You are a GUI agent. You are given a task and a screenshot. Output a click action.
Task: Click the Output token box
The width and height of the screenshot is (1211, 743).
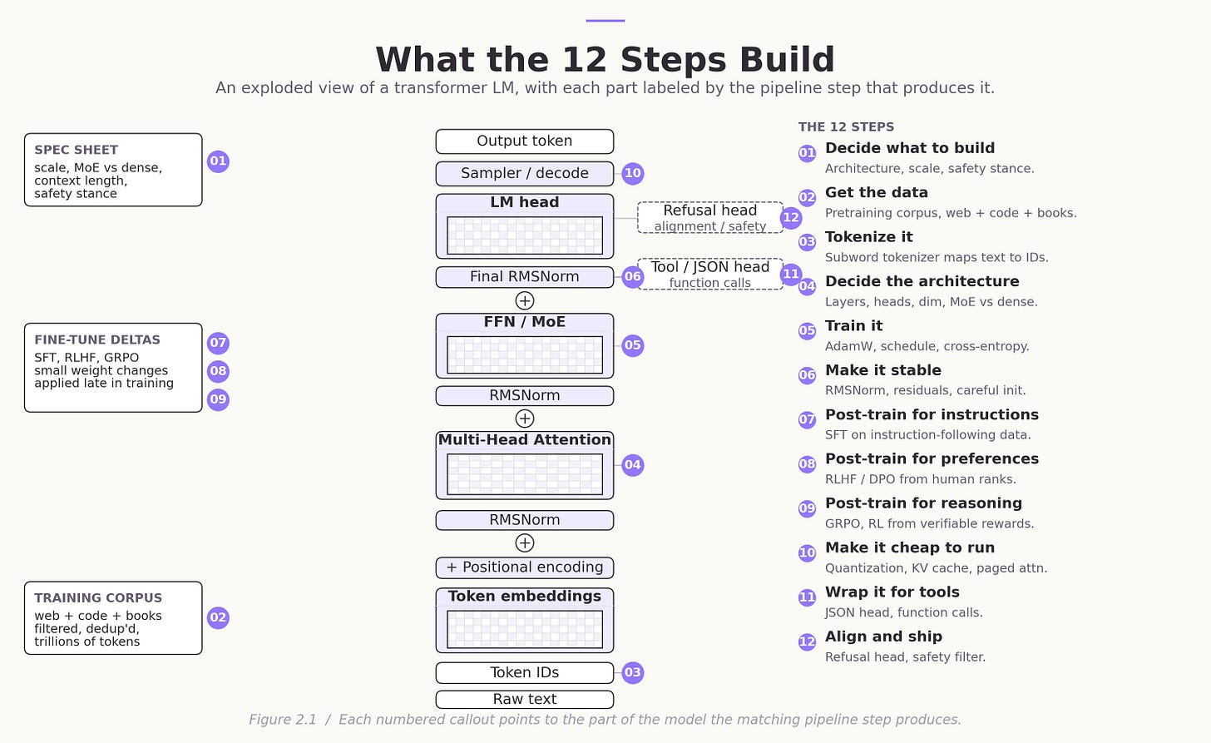(x=524, y=141)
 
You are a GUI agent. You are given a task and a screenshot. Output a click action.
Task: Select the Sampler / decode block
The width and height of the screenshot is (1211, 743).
(x=524, y=174)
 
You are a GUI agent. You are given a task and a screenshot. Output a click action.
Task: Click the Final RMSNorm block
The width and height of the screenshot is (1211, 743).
(x=524, y=277)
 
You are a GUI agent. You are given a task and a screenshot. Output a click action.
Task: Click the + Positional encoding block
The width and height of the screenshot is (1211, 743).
(x=524, y=567)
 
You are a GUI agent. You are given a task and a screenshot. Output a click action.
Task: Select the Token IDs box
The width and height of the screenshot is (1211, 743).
(x=524, y=673)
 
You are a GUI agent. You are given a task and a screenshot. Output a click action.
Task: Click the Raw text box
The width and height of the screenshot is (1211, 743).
(x=524, y=699)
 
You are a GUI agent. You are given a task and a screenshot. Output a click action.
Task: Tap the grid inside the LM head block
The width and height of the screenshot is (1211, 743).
(x=524, y=235)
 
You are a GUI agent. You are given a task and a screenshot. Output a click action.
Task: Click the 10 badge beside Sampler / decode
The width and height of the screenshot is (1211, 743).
(x=632, y=173)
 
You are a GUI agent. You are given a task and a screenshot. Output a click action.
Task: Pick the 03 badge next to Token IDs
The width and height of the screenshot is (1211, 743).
(x=632, y=673)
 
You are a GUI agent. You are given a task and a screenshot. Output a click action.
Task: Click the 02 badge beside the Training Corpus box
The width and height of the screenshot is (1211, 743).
(x=218, y=617)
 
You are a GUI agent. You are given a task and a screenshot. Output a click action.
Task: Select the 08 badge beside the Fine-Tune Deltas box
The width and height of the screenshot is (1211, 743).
(x=218, y=371)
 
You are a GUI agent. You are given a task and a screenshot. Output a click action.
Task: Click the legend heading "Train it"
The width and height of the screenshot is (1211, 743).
(x=853, y=325)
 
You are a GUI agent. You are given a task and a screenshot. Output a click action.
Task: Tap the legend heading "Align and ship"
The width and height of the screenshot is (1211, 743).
(x=883, y=637)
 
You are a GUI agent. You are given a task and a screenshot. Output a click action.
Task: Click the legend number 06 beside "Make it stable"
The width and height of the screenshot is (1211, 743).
(x=807, y=375)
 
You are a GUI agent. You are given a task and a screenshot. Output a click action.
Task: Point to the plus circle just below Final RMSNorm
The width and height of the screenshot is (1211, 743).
(x=524, y=300)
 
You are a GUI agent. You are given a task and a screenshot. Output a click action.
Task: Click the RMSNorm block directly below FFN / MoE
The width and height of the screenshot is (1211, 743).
(x=524, y=396)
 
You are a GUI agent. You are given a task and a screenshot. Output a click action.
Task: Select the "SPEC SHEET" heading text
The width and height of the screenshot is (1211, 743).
(x=77, y=150)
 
